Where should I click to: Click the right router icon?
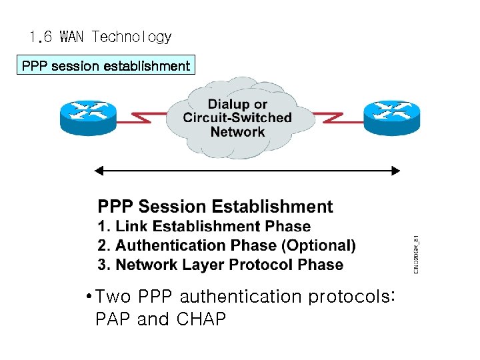click(x=391, y=115)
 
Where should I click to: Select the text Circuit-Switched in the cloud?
click(x=237, y=118)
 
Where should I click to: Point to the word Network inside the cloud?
click(x=237, y=132)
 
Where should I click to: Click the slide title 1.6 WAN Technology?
click(x=101, y=37)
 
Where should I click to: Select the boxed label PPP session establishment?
click(x=106, y=65)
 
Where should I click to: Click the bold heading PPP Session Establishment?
click(x=215, y=207)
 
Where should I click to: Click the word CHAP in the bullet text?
click(x=201, y=320)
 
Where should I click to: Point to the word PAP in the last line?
click(x=113, y=320)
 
